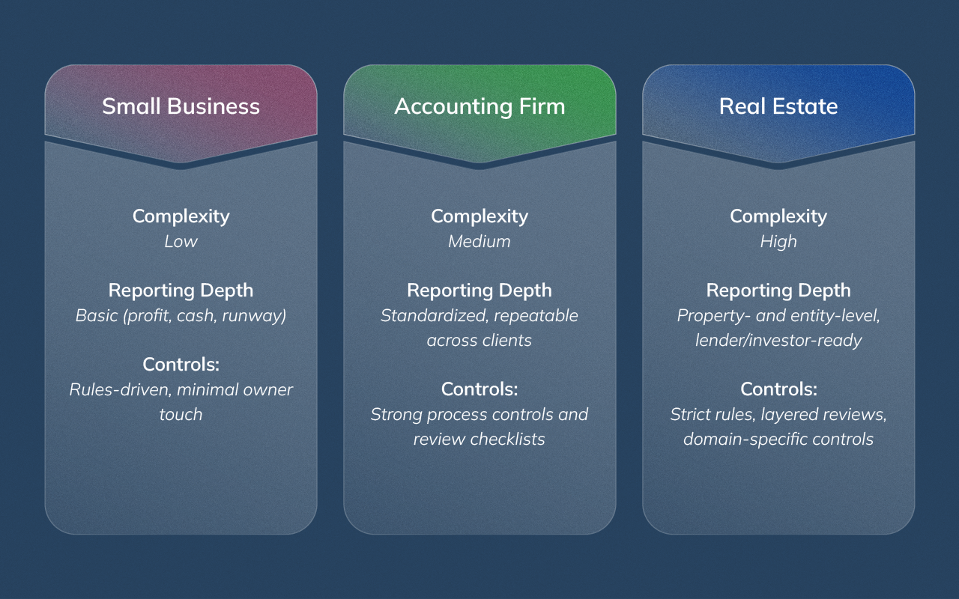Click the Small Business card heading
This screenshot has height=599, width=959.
click(181, 106)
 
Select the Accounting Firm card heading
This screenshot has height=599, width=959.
click(479, 106)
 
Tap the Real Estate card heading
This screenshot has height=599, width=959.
click(778, 106)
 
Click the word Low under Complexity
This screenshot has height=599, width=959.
click(181, 241)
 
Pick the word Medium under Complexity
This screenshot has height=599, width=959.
click(479, 241)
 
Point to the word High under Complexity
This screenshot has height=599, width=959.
click(778, 241)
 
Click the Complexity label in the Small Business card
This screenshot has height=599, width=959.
click(181, 216)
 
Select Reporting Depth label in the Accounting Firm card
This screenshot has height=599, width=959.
click(479, 291)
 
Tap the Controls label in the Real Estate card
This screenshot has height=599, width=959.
click(778, 389)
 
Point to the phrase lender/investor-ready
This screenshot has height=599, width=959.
click(778, 340)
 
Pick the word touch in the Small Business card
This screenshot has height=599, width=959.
click(181, 414)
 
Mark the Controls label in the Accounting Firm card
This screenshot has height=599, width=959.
click(479, 389)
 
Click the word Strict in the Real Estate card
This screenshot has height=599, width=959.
click(689, 414)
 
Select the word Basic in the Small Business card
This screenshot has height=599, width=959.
click(96, 315)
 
